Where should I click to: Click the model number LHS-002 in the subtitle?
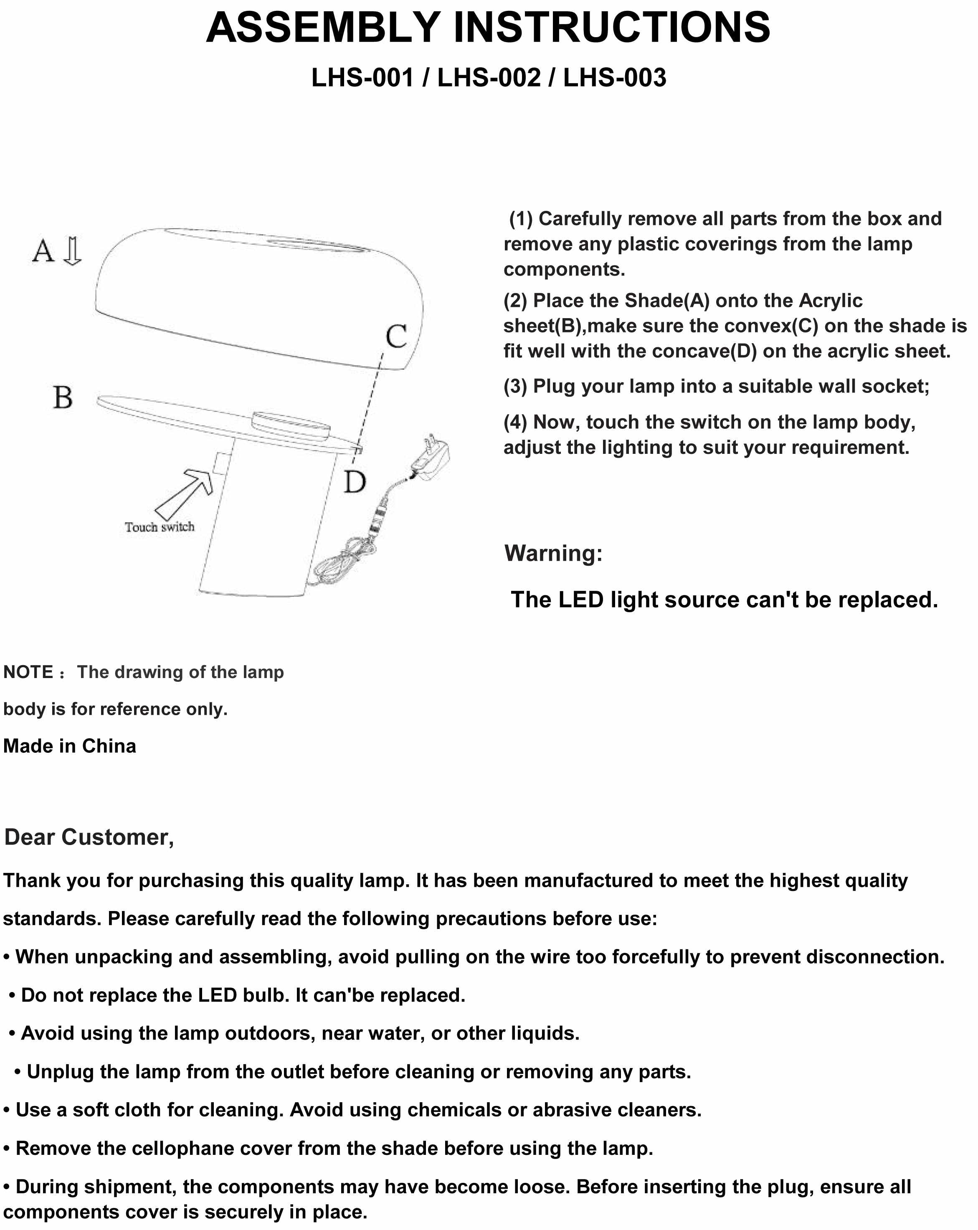489,78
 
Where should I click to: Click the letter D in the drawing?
355,482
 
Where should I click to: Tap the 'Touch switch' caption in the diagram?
160,527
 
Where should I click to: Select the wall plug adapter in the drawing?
432,456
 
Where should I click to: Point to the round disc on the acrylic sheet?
290,425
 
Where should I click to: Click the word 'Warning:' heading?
553,553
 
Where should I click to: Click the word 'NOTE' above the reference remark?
28,672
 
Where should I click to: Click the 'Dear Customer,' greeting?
89,837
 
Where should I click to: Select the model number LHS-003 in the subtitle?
615,78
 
